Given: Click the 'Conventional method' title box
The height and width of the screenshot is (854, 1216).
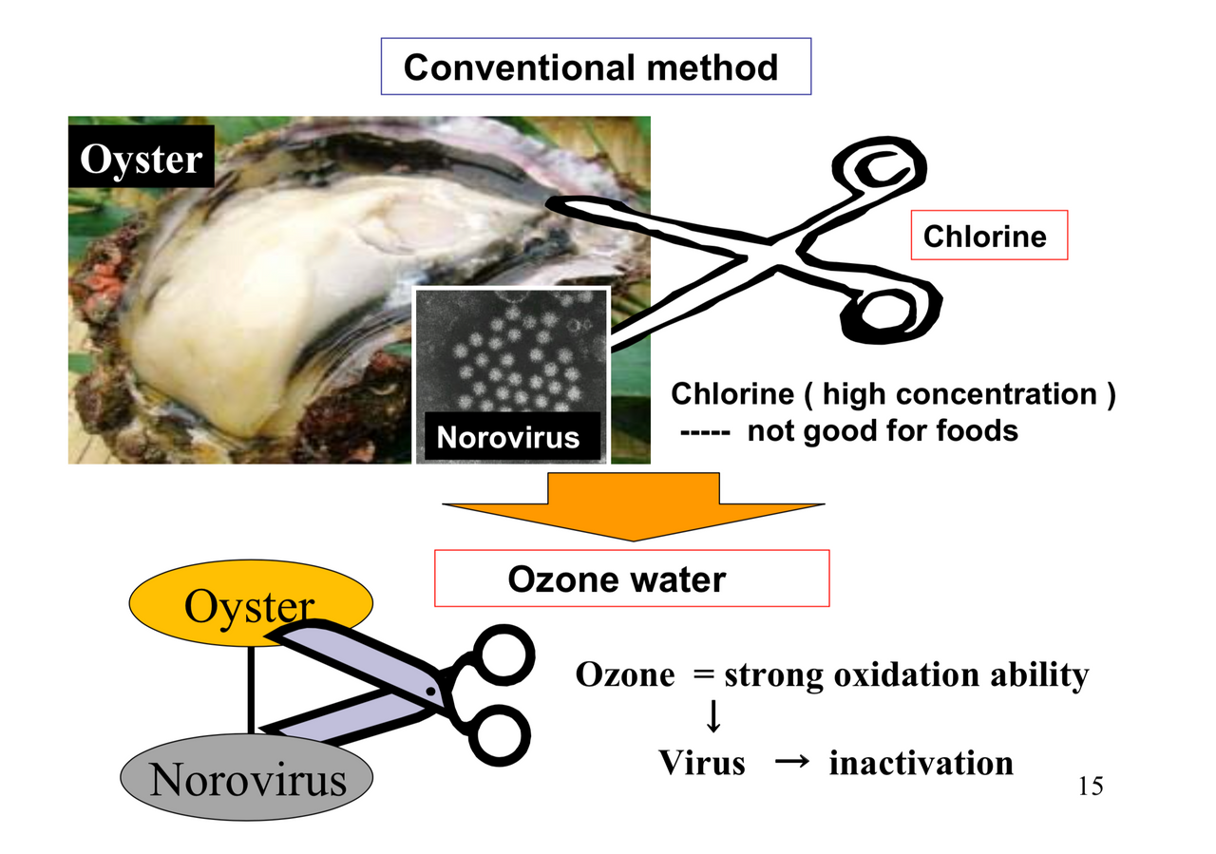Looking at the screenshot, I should [596, 66].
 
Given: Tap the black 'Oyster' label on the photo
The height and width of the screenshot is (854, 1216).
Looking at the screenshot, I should [141, 159].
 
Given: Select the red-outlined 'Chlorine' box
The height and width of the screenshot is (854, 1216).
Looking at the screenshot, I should [989, 235].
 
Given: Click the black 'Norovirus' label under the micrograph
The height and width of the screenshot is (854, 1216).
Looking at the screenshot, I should [507, 437].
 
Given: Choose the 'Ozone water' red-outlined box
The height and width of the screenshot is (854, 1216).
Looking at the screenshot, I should [632, 579].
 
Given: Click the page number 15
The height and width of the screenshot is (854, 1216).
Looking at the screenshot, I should [1091, 787].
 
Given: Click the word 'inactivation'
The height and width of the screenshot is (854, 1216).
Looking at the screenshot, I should [921, 763].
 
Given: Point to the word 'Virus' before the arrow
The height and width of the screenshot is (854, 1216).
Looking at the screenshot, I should [702, 763].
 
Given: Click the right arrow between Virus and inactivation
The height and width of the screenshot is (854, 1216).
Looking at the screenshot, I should [787, 762].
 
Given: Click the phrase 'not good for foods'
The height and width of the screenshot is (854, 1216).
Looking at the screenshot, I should [883, 431].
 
